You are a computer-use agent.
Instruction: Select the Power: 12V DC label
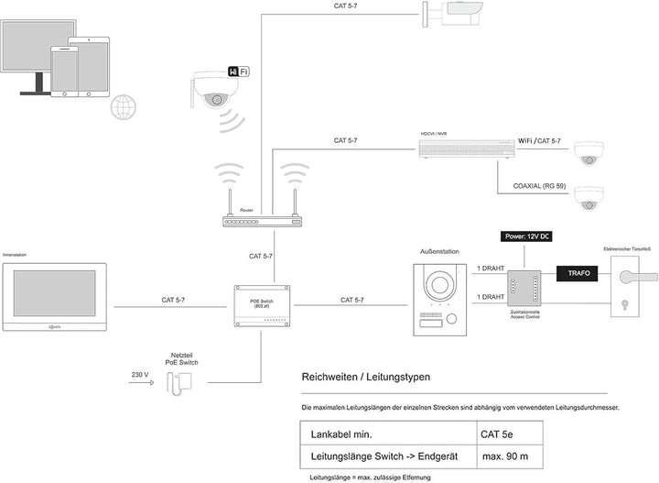tap(526, 236)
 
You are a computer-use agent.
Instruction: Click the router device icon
tap(262, 221)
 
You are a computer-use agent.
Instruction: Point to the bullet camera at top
tap(455, 12)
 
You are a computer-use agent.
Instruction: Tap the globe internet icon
tap(124, 108)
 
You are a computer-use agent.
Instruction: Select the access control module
tap(526, 286)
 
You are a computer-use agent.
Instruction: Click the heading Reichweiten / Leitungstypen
tap(365, 377)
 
